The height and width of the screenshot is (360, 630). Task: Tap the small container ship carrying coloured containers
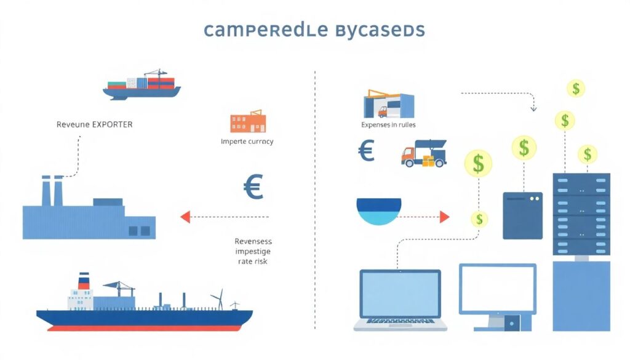(142, 85)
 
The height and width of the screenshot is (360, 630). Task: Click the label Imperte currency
(247, 142)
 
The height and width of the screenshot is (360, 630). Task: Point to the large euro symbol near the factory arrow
(253, 187)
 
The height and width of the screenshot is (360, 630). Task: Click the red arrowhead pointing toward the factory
(185, 217)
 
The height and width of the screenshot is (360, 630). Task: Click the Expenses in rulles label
(388, 125)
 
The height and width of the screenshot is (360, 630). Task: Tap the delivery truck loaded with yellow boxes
(423, 154)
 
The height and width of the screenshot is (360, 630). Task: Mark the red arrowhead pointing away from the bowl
(445, 217)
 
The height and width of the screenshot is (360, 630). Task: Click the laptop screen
(400, 295)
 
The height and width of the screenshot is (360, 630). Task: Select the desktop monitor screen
(498, 289)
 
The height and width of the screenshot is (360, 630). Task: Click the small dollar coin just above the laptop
(479, 218)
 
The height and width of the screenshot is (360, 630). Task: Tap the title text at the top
(314, 30)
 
